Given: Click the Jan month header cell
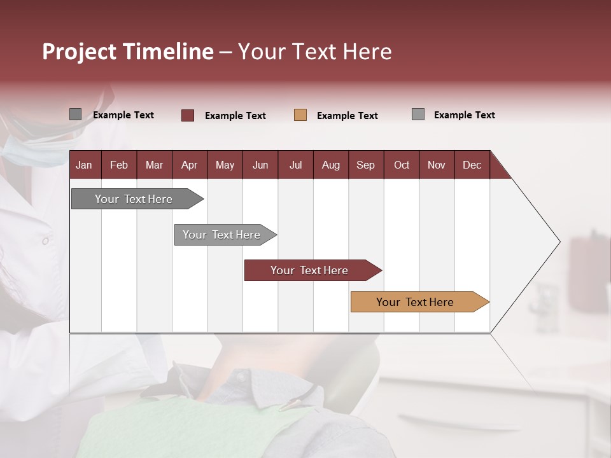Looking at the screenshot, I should tap(85, 165).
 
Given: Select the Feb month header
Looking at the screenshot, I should tap(119, 165).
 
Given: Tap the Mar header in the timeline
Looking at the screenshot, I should tap(154, 165).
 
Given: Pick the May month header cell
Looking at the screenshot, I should tap(225, 165).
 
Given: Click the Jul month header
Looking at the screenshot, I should tap(295, 165).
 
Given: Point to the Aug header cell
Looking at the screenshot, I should tap(330, 165).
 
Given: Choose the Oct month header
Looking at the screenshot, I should tap(402, 165).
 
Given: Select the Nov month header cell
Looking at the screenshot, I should tap(437, 165).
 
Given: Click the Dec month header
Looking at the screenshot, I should tap(472, 165).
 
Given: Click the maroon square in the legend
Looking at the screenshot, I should tap(188, 115).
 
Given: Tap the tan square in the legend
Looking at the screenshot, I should tap(300, 115).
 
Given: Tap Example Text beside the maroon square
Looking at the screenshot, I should tap(235, 116).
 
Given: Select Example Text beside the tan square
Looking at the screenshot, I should tap(347, 116).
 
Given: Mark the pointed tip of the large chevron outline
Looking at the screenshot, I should tap(559, 242).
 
